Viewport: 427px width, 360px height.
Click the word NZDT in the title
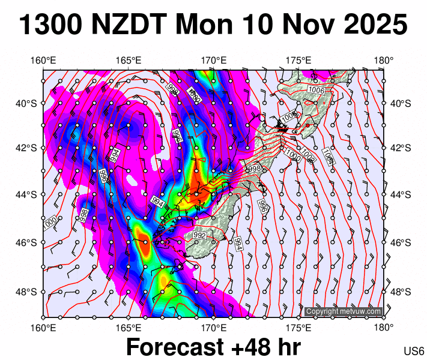133,25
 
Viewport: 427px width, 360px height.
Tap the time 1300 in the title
52,25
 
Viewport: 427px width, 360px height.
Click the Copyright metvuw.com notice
343,311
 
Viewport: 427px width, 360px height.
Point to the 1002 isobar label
308,157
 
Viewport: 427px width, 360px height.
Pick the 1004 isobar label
328,157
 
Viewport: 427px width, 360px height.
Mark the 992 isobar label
200,236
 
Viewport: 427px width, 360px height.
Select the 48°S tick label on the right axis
399,292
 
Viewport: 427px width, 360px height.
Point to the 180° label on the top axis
383,61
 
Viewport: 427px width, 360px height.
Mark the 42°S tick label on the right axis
399,148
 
